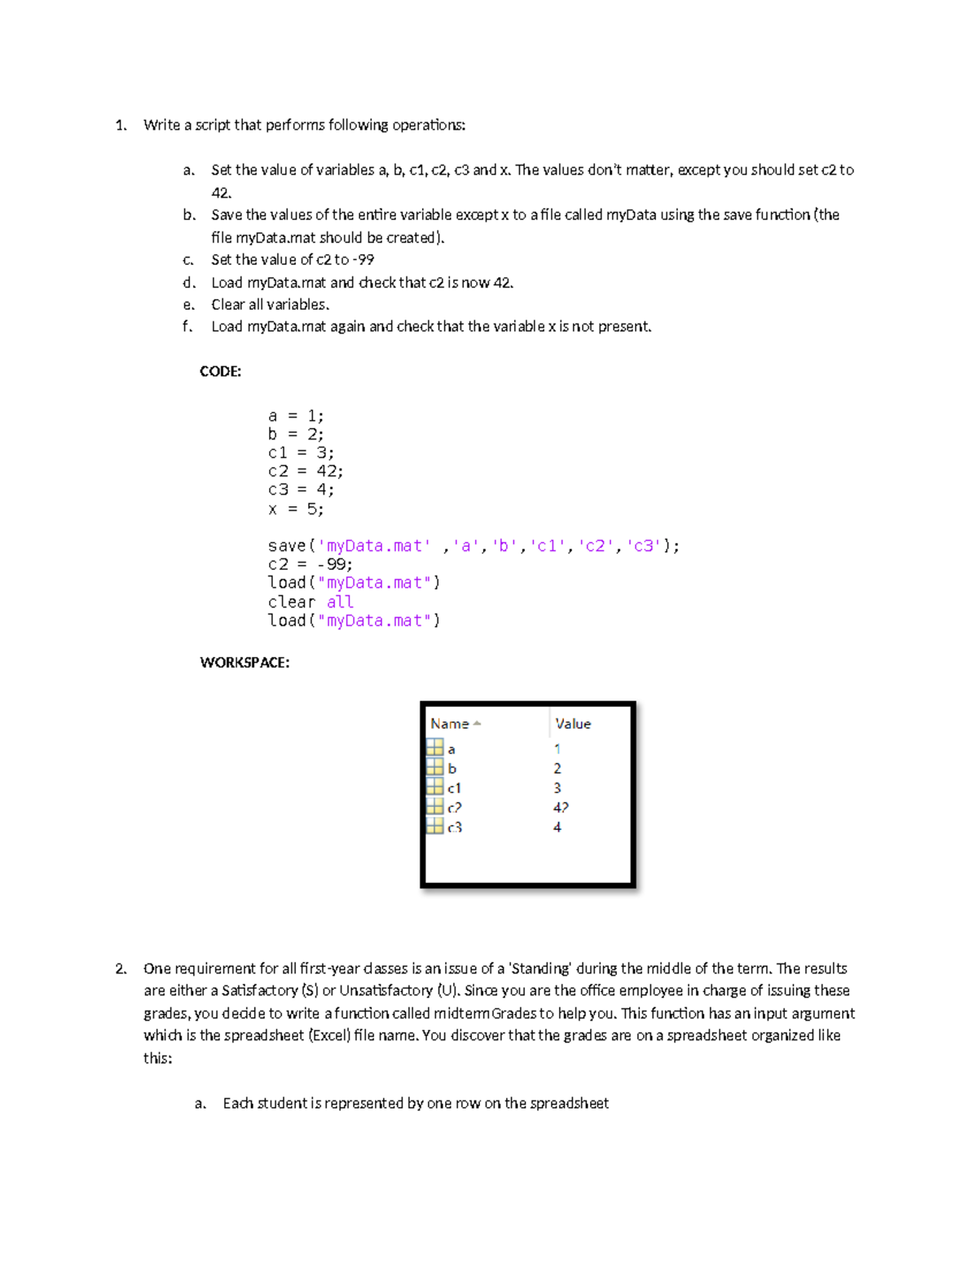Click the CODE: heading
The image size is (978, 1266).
click(x=220, y=372)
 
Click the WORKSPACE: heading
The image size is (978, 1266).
click(x=244, y=663)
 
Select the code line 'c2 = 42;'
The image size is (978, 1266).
click(x=306, y=471)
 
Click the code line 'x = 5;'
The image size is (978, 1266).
click(x=296, y=509)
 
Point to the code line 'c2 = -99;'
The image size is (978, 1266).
click(x=310, y=564)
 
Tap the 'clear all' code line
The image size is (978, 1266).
click(x=311, y=602)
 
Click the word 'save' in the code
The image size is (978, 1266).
click(x=286, y=545)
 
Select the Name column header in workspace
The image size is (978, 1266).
click(x=449, y=724)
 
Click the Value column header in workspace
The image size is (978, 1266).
click(x=573, y=724)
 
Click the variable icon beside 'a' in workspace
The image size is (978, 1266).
click(x=435, y=748)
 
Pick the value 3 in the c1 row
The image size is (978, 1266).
click(x=557, y=788)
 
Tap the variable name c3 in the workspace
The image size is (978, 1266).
click(x=455, y=827)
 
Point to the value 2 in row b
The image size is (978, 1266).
click(x=557, y=769)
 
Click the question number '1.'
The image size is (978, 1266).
click(x=121, y=126)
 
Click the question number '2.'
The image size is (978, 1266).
click(x=121, y=969)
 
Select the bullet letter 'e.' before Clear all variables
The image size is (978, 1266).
click(x=189, y=305)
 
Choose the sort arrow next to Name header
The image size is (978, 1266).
click(x=478, y=724)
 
